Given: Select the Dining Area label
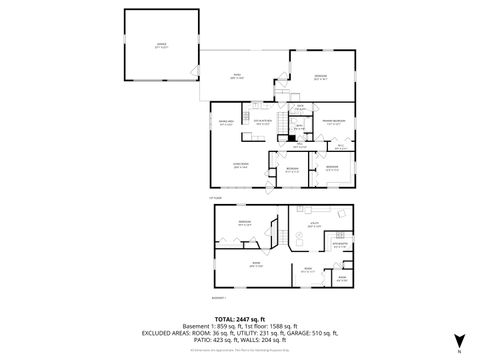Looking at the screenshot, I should coord(227,122).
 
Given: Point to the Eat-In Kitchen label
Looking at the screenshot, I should coord(263,122).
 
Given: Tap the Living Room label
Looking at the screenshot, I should coord(240,167).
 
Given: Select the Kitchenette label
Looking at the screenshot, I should coord(340,243).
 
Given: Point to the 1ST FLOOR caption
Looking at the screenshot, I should coord(215,198).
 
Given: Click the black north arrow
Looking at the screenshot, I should coord(459,338).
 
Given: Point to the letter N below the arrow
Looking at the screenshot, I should coord(459,350).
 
